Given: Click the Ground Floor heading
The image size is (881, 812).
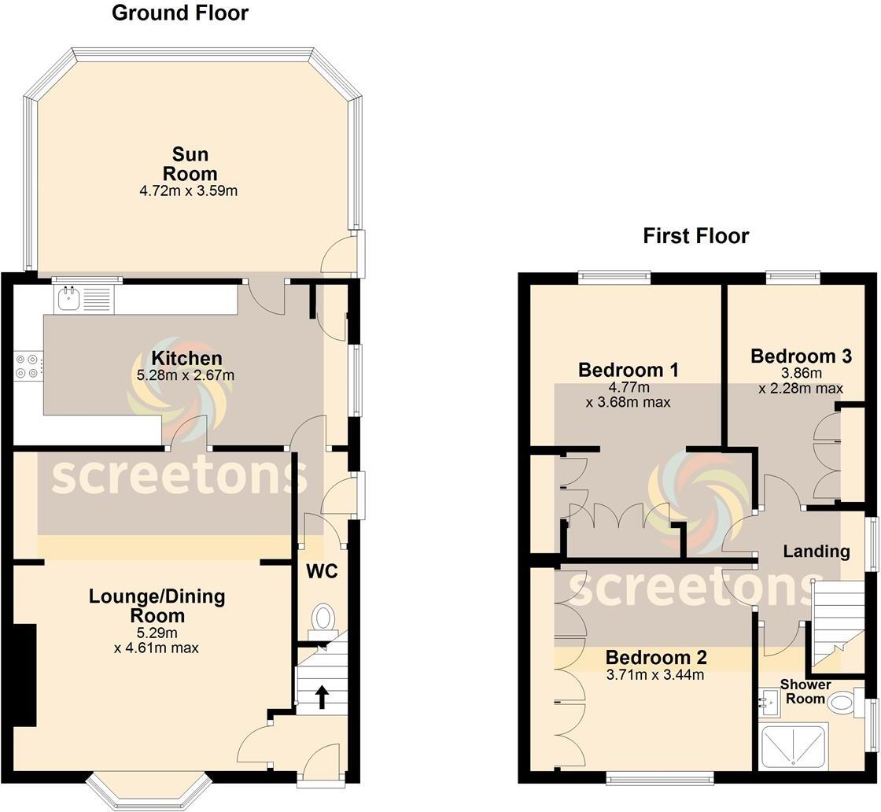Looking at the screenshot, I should click(179, 13).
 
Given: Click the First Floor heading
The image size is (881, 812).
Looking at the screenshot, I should click(695, 236).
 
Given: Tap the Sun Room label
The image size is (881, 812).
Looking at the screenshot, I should click(190, 164).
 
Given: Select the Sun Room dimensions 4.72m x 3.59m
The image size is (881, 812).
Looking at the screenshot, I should click(190, 190).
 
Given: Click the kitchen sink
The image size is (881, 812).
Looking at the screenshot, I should click(69, 297).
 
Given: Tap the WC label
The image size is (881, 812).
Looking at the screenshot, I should click(322, 572).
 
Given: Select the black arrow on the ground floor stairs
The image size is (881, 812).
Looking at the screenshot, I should click(321, 696).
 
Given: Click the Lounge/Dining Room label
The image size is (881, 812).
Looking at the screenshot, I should click(157, 606).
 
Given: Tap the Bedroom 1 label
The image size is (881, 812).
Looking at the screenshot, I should click(628, 370).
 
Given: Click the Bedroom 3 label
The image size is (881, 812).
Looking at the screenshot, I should click(801, 356).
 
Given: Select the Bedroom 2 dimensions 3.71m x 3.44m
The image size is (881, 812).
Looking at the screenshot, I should click(655, 675).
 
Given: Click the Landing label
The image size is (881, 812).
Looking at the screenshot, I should click(816, 552).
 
